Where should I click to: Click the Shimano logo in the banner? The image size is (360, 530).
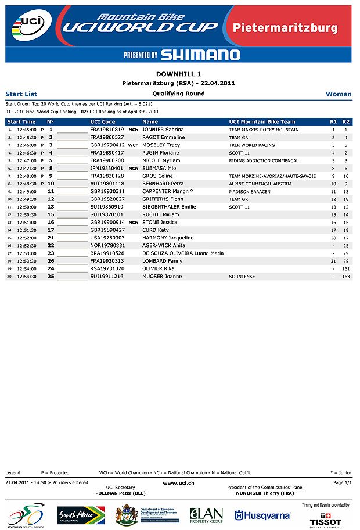200,55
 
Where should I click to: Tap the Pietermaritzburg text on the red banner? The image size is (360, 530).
285,27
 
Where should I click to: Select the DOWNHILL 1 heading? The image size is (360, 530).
179,74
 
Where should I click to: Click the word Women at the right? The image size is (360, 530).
339,94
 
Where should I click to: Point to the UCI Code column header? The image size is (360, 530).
103,121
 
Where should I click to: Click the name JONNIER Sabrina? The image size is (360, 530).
163,130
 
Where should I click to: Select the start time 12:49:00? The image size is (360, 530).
27,191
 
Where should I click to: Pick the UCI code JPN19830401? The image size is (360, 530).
107,168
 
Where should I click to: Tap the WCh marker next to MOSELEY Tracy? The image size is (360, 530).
133,145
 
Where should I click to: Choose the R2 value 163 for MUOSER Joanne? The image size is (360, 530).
346,277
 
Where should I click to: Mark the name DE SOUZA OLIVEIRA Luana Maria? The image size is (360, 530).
183,253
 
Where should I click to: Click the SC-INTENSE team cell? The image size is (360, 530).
242,277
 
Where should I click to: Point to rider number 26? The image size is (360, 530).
51,261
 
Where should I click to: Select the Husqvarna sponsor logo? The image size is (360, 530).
262,515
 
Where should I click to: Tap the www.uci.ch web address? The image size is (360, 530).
179,482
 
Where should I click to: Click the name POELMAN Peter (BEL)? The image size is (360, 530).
121,493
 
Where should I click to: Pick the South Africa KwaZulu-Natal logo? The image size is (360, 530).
81,515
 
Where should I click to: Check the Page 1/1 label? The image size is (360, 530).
343,482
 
